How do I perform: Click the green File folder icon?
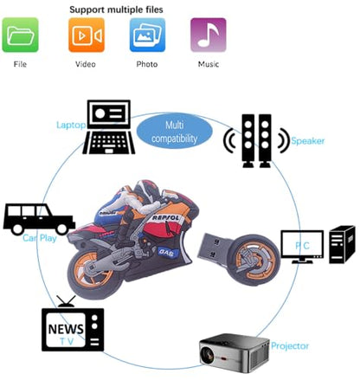pos(20,35)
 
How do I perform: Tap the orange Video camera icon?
pos(87,35)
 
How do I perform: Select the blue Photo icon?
pos(147,35)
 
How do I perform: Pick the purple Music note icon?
pos(209,35)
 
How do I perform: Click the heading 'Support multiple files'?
pos(116,10)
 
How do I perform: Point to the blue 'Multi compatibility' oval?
pos(174,132)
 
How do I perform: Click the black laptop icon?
pos(109,127)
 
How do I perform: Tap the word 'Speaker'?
pos(308,141)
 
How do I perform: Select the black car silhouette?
pos(39,219)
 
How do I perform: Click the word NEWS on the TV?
pos(66,329)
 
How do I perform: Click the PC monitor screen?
pos(302,244)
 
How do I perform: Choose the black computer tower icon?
pos(342,244)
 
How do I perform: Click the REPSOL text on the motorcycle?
pos(165,217)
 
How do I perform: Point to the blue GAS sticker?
pos(166,253)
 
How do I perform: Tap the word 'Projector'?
pos(290,345)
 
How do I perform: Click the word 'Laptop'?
pos(71,126)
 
